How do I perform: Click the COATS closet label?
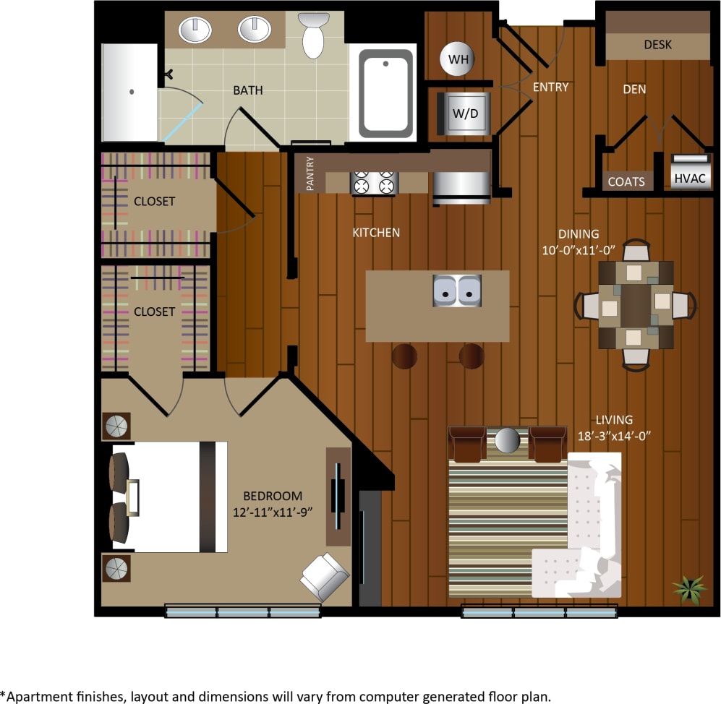pyautogui.click(x=626, y=181)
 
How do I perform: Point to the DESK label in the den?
pyautogui.click(x=657, y=45)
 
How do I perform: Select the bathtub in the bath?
pyautogui.click(x=386, y=93)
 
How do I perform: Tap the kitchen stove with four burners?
pyautogui.click(x=375, y=183)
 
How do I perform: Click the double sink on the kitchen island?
pyautogui.click(x=457, y=291)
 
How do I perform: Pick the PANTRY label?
pyautogui.click(x=310, y=173)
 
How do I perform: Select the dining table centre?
pyautogui.click(x=636, y=304)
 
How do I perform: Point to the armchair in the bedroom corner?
pyautogui.click(x=324, y=577)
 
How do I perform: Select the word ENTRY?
pyautogui.click(x=550, y=87)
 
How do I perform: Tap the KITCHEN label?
pyautogui.click(x=375, y=233)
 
